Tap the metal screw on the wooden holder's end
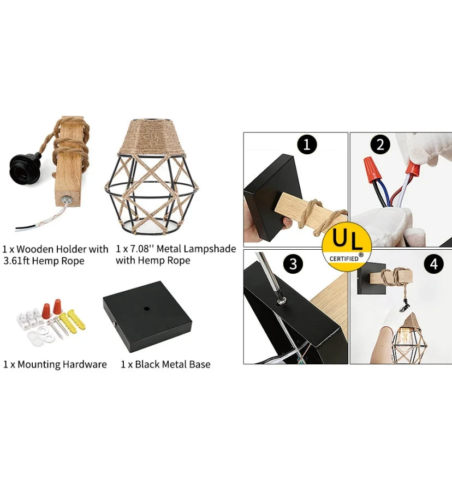(x=65, y=200)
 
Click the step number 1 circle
(x=307, y=144)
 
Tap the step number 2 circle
(x=380, y=144)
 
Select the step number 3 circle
(x=294, y=263)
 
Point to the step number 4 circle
(x=433, y=263)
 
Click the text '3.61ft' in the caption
(x=16, y=261)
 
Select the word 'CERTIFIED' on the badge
(x=344, y=258)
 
